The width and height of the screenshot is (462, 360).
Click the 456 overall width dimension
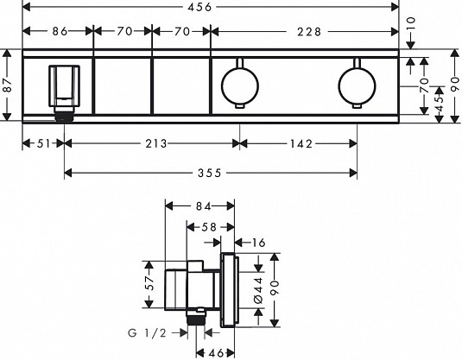point(199,7)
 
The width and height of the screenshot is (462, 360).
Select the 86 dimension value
point(60,31)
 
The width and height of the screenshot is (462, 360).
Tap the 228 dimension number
point(308,32)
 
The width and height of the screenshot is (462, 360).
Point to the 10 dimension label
point(411,23)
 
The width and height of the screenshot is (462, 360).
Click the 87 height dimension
point(8,85)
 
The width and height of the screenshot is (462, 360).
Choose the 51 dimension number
point(43,144)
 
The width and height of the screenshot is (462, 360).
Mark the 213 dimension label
point(156,144)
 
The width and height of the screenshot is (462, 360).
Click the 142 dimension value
point(301,144)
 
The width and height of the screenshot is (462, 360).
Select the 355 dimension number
point(210,173)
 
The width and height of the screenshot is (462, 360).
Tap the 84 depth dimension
point(204,206)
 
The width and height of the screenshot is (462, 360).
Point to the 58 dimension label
point(209,227)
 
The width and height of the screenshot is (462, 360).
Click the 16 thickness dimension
point(259,243)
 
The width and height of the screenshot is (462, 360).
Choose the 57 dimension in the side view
point(150,283)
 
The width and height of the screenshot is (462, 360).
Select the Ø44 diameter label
point(258,290)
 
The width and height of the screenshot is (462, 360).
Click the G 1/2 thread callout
point(148,333)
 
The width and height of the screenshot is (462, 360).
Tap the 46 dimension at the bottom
point(217,352)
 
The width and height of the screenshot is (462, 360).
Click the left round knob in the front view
point(240,85)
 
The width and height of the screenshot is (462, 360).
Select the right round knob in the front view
point(358,85)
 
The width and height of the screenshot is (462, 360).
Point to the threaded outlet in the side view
point(196,319)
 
